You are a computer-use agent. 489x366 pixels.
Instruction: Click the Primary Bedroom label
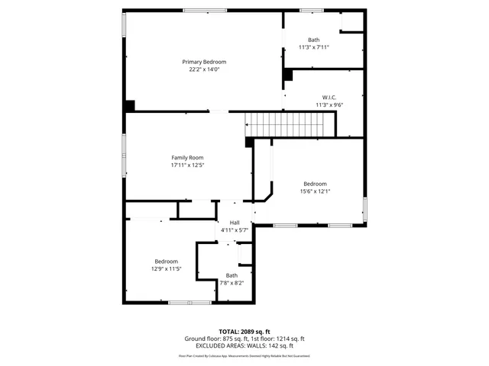tap(204, 62)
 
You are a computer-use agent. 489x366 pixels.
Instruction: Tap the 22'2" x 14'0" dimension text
tap(204, 69)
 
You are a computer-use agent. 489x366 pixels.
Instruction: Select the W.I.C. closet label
tap(329, 97)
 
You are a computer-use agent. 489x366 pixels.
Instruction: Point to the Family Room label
tap(187, 158)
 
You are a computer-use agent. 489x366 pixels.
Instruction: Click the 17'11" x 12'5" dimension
tap(187, 165)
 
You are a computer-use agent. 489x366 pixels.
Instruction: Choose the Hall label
tap(235, 222)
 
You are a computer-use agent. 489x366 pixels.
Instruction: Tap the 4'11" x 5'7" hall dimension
tap(235, 230)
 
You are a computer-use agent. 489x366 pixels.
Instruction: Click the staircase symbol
tap(290, 122)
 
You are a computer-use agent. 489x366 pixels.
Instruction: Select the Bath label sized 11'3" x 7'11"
tap(314, 40)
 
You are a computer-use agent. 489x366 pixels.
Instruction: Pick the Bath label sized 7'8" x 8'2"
tap(232, 275)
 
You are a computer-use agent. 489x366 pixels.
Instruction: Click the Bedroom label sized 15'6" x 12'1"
tap(315, 184)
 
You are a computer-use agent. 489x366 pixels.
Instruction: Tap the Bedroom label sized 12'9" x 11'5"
tap(166, 261)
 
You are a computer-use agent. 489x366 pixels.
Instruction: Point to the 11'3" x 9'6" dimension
tap(329, 104)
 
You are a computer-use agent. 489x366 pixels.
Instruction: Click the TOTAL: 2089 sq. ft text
tap(244, 332)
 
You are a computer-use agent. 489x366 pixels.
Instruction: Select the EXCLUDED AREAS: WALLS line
tap(244, 345)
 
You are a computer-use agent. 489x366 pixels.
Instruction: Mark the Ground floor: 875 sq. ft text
tap(213, 339)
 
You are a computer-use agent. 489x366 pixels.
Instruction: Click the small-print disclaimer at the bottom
tap(244, 355)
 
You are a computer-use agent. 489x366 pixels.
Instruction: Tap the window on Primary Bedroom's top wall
tap(204, 10)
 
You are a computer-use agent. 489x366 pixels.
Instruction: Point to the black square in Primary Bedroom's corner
tap(130, 106)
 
